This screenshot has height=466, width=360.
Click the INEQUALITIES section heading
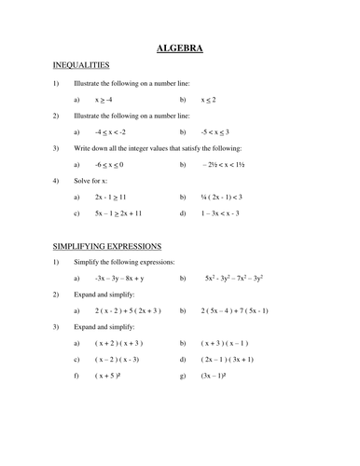click(81, 65)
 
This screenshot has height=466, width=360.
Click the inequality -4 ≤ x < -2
click(110, 131)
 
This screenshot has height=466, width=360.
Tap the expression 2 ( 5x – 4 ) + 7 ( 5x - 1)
click(247, 311)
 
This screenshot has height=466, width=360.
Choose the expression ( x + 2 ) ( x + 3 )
click(122, 344)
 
